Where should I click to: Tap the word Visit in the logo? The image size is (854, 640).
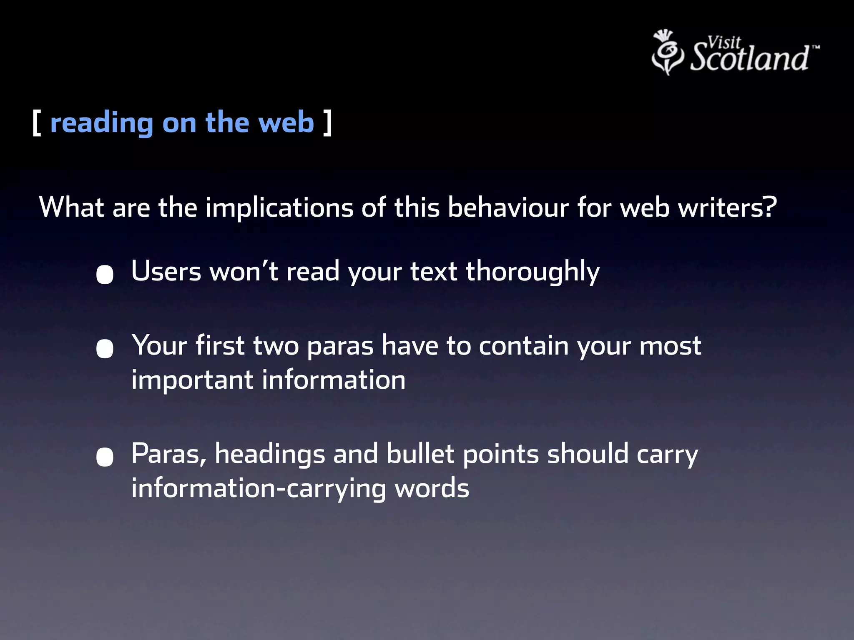(x=724, y=42)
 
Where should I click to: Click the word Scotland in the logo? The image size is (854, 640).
(x=749, y=58)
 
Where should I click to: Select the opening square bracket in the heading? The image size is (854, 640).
(x=37, y=123)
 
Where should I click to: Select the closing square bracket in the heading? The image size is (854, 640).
(x=328, y=123)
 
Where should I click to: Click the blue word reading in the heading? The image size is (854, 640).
(x=102, y=124)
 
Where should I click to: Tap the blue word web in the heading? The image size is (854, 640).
(x=286, y=123)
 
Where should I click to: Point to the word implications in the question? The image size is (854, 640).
(x=279, y=207)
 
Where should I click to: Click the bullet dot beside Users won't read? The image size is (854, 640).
(x=105, y=275)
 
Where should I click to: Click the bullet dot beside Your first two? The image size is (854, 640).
(x=105, y=349)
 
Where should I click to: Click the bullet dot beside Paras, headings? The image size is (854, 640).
(x=105, y=457)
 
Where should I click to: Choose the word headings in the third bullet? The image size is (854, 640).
(x=270, y=455)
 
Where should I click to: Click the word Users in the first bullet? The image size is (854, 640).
(x=166, y=272)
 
